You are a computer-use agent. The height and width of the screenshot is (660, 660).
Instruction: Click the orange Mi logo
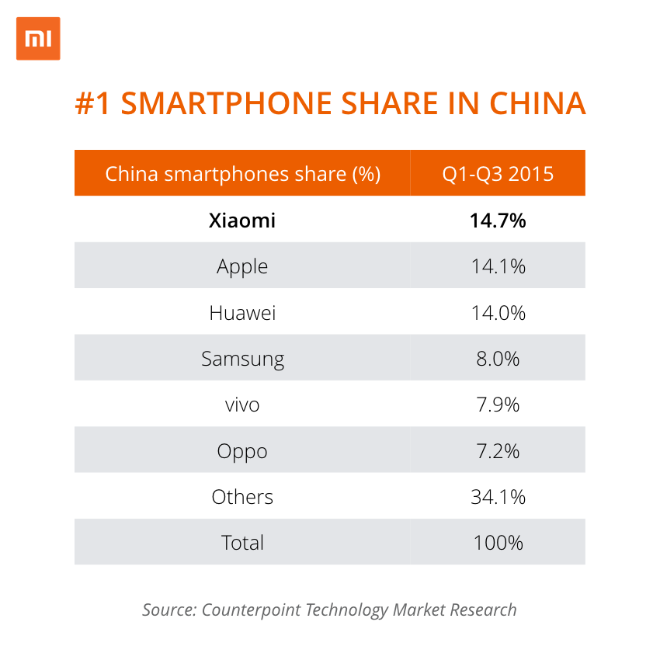38,38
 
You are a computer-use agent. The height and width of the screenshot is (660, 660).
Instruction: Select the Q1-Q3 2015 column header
498,173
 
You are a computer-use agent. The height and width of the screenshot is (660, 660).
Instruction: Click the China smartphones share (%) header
242,173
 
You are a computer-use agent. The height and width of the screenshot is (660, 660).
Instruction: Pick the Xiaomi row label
242,221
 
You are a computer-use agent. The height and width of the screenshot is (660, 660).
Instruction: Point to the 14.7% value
498,221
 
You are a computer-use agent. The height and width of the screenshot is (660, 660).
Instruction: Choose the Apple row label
242,266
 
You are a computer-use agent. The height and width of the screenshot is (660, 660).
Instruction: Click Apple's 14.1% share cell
498,266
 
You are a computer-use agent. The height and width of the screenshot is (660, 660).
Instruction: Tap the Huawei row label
242,313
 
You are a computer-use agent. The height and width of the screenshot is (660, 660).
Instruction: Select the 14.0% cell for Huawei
498,313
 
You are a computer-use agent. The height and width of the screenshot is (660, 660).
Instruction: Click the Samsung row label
242,359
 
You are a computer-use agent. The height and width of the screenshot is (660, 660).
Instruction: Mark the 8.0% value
498,359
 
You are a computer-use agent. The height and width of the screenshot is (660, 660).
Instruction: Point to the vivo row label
242,405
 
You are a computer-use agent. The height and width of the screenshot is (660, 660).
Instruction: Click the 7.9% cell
498,405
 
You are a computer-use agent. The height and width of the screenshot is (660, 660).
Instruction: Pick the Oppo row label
242,451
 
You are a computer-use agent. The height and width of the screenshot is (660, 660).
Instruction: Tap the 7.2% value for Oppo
498,451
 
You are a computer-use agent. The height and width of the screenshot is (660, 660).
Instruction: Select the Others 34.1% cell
498,497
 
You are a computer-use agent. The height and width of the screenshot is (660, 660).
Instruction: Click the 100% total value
498,543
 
